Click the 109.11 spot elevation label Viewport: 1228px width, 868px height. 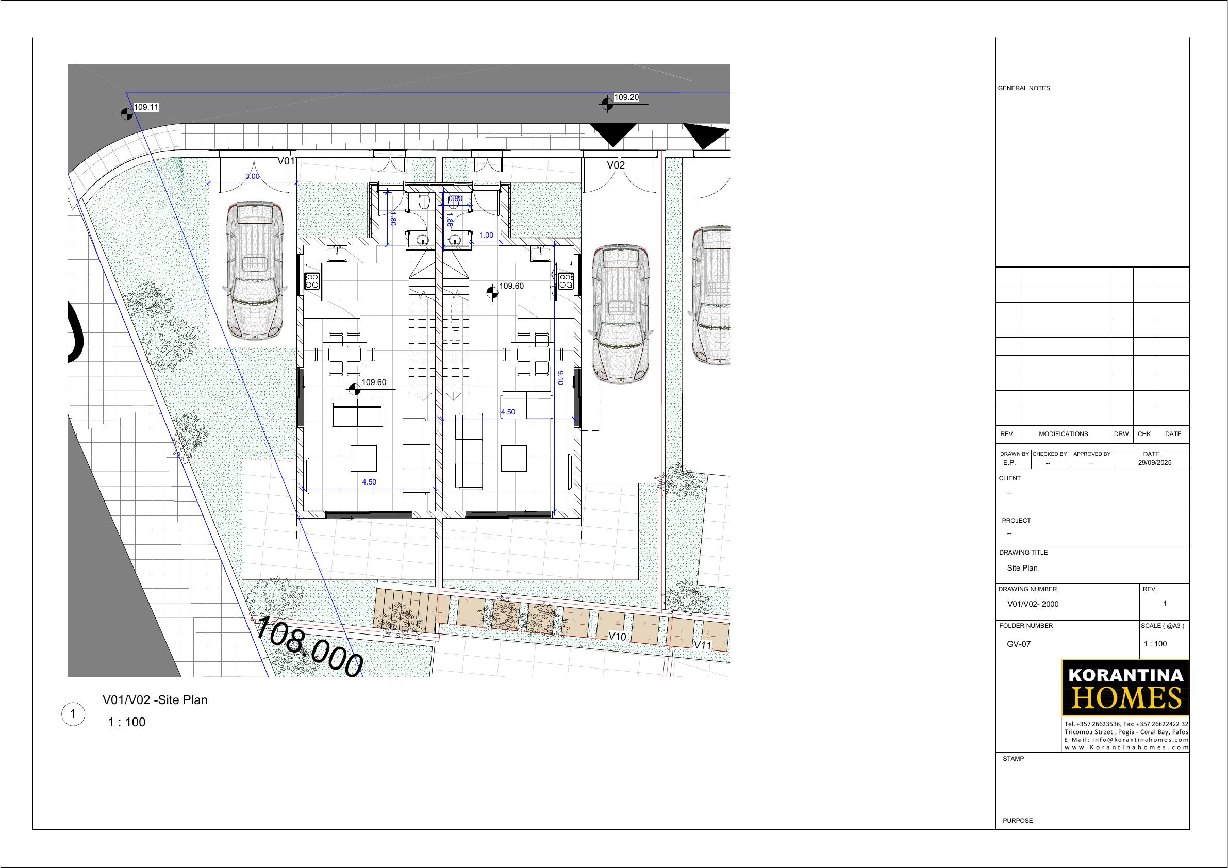pyautogui.click(x=146, y=107)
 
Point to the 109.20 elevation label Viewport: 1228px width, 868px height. pyautogui.click(x=626, y=97)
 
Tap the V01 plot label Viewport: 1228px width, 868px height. pyautogui.click(x=286, y=161)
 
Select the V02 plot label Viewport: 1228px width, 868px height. pyautogui.click(x=616, y=165)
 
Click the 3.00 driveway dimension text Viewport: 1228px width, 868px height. pyautogui.click(x=253, y=176)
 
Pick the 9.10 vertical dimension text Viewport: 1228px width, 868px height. pyautogui.click(x=560, y=378)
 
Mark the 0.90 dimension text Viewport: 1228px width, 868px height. pyautogui.click(x=455, y=199)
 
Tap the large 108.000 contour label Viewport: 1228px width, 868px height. pyautogui.click(x=309, y=647)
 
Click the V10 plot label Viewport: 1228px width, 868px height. pyautogui.click(x=617, y=637)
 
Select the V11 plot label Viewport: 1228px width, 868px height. pyautogui.click(x=703, y=645)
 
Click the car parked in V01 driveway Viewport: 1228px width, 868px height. pyautogui.click(x=254, y=270)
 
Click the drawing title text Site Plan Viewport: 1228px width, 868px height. pyautogui.click(x=1022, y=568)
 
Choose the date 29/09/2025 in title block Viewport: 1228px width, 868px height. pyautogui.click(x=1155, y=463)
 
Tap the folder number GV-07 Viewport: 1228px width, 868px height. pyautogui.click(x=1018, y=644)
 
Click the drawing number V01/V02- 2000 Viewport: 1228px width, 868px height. pyautogui.click(x=1033, y=604)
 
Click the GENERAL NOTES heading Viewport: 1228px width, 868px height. pyautogui.click(x=1024, y=88)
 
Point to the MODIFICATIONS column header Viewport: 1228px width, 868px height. pyautogui.click(x=1063, y=433)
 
